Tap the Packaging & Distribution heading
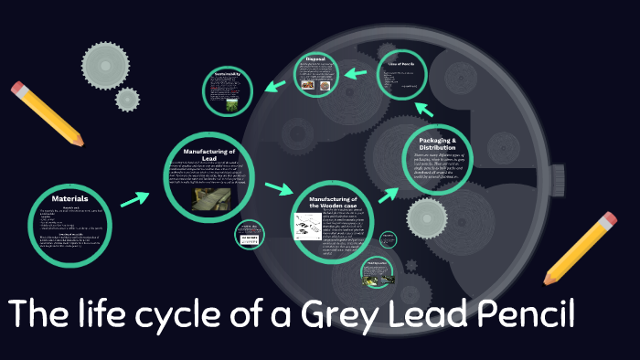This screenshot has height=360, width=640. click(x=437, y=143)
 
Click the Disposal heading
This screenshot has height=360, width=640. click(x=315, y=59)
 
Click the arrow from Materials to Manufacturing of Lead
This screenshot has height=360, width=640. click(x=134, y=198)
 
